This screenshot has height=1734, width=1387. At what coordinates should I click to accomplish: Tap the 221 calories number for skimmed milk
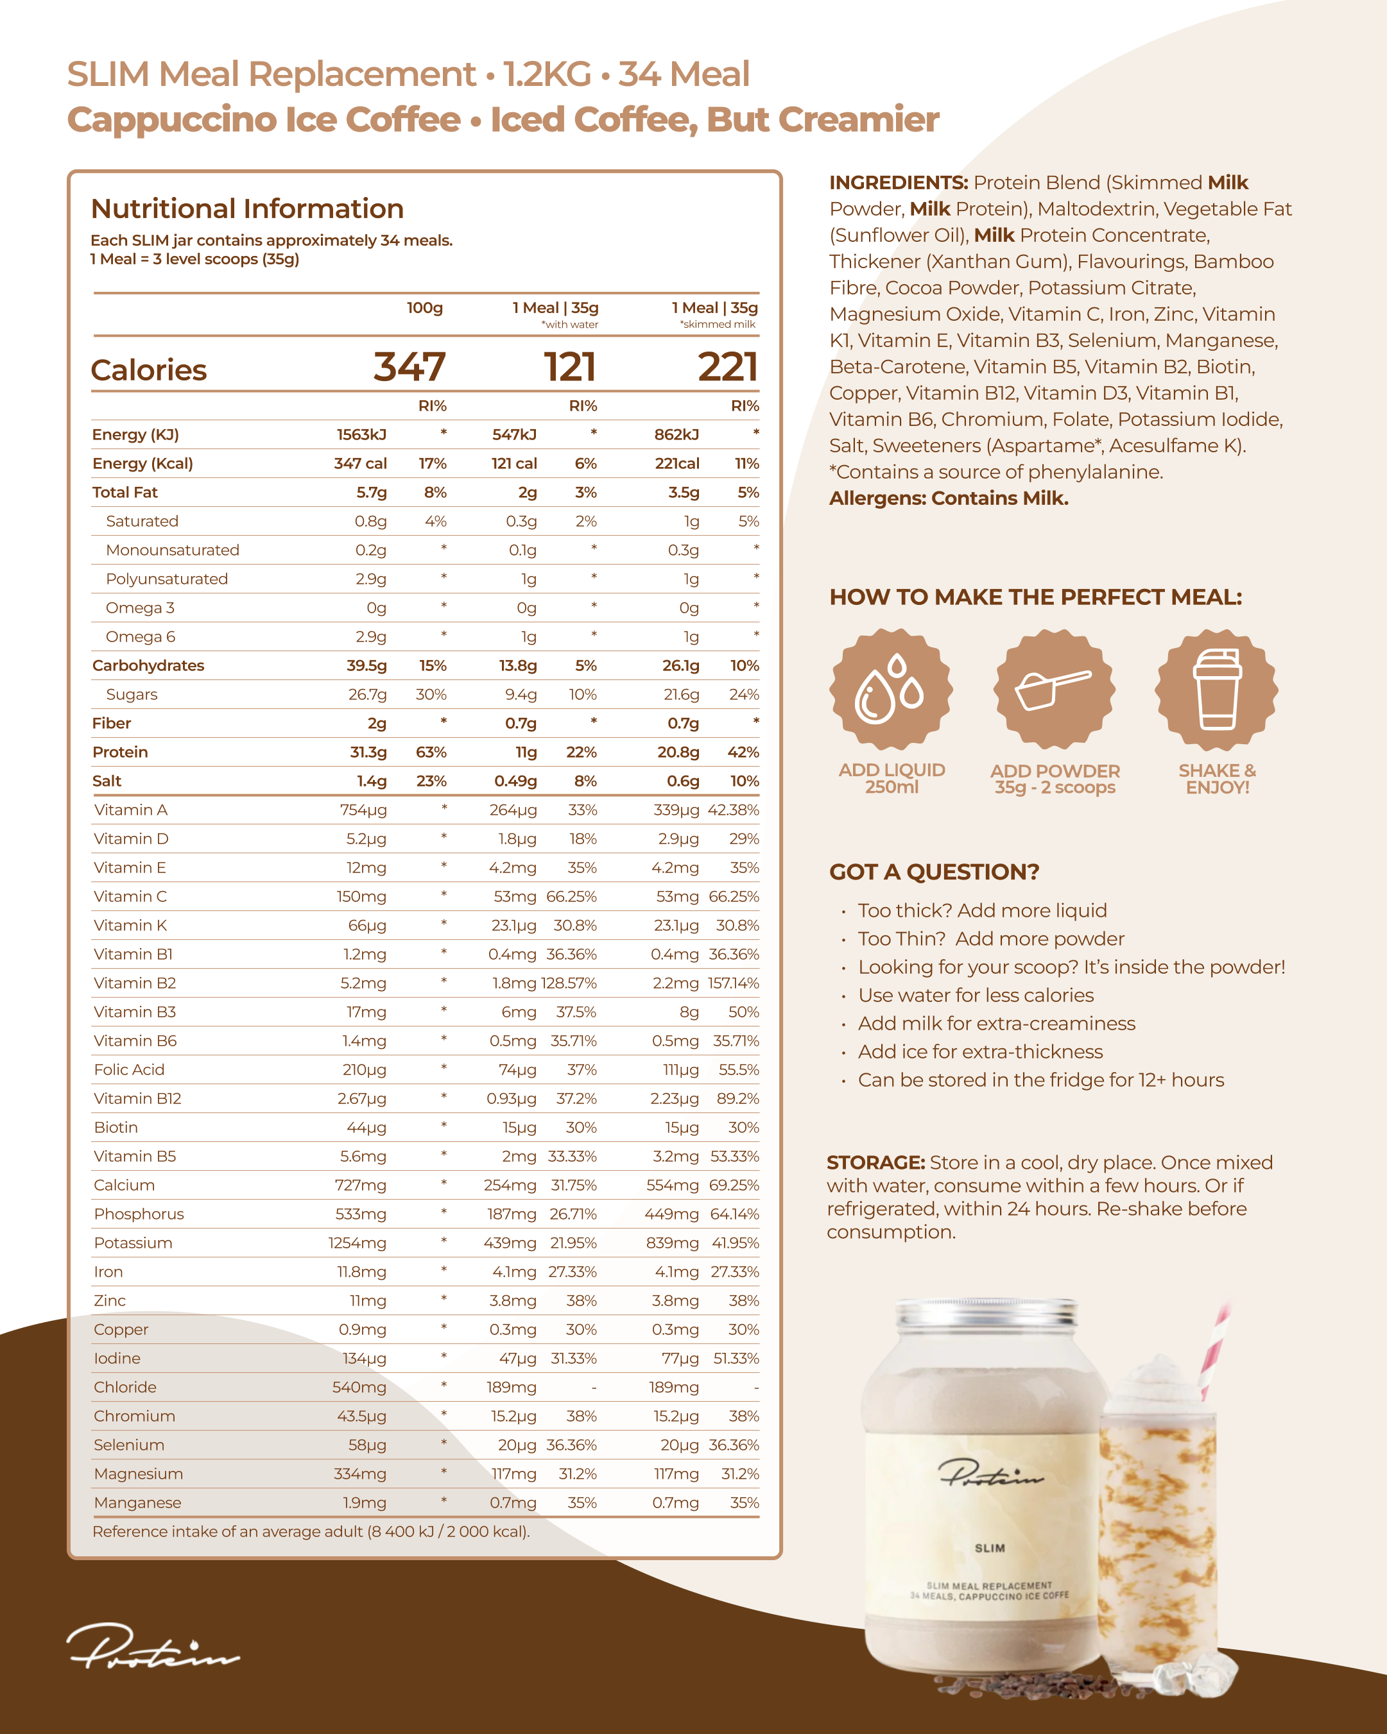click(x=727, y=368)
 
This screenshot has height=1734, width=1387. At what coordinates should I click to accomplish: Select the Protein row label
click(x=120, y=752)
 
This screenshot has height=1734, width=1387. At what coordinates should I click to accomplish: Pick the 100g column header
click(x=424, y=308)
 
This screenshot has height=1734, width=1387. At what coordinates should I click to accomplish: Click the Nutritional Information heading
click(x=247, y=208)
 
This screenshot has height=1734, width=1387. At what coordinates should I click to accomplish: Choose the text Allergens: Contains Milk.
click(x=949, y=498)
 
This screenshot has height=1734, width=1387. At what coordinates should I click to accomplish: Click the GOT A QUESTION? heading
click(x=934, y=872)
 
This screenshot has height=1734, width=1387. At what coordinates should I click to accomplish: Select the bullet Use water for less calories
click(x=975, y=995)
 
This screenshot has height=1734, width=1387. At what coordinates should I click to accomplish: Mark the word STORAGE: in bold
click(x=875, y=1162)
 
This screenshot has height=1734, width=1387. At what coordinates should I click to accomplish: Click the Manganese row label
click(x=137, y=1502)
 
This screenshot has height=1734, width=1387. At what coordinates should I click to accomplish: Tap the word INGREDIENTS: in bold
click(x=898, y=183)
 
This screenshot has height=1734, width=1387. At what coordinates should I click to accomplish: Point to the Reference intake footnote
click(x=311, y=1531)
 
